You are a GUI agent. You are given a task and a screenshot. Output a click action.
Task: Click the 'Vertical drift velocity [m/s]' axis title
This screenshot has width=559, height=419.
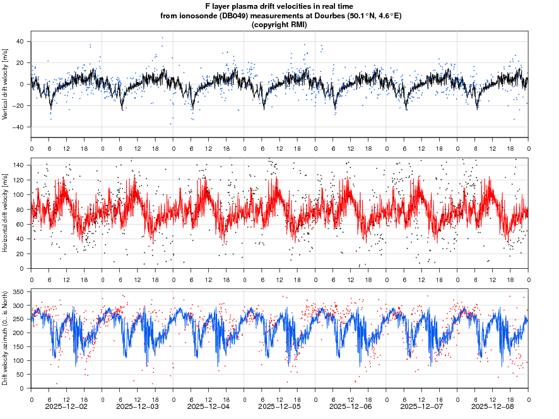6,84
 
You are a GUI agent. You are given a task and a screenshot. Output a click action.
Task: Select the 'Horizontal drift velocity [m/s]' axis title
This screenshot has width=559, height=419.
6,213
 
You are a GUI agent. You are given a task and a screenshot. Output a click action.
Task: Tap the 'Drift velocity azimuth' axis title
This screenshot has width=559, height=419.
6,339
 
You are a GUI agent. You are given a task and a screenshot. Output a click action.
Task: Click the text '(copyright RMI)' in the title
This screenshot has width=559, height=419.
279,25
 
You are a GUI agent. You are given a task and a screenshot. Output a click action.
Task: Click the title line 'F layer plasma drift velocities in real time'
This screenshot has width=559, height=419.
279,6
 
